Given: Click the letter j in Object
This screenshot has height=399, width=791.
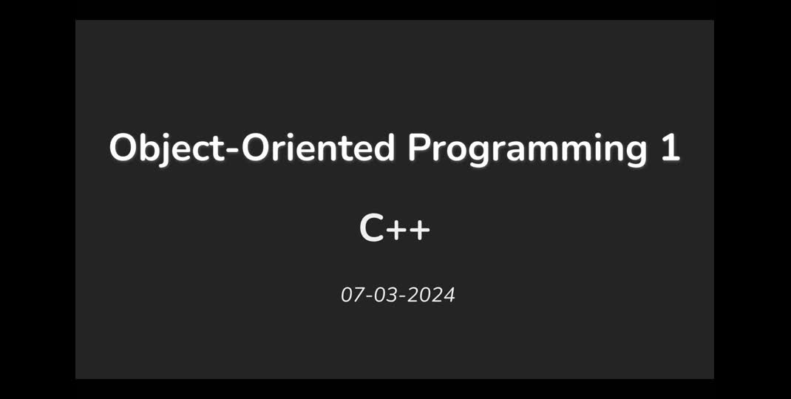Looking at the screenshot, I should [167, 151].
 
